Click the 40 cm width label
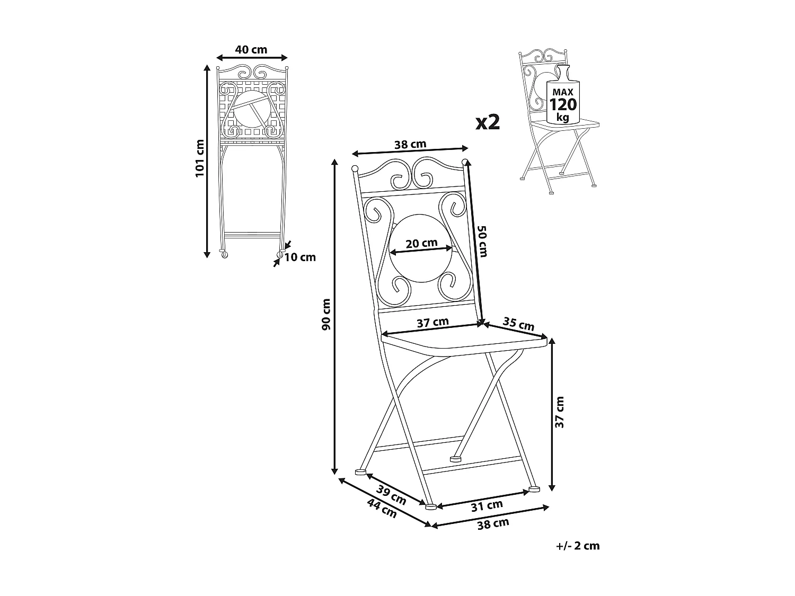coord(251,50)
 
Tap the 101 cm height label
coord(200,158)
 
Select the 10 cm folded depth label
coord(300,257)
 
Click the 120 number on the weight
coord(563,104)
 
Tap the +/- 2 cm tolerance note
coord(578,546)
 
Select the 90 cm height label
coord(326,314)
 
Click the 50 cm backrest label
coord(483,242)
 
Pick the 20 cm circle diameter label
coord(421,243)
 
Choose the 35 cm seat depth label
coord(519,324)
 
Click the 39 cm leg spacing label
coord(391,495)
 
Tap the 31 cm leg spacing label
coord(487,506)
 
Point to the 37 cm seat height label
coord(560,412)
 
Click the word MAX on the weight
coord(563,92)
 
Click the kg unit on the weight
coord(563,117)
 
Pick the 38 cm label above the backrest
coord(410,145)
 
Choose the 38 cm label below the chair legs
coord(493,524)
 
